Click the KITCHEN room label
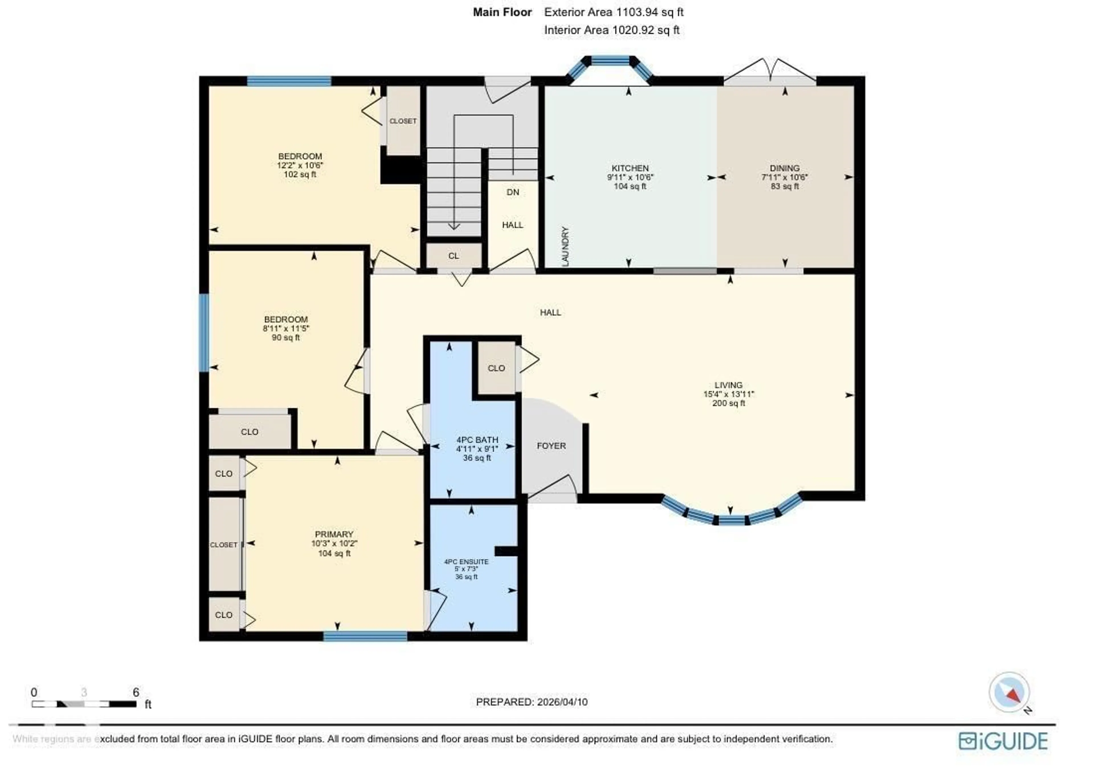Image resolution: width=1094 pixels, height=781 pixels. click(x=629, y=168)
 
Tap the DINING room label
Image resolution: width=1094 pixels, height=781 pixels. click(x=784, y=168)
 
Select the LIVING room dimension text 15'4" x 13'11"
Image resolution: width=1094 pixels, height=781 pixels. click(x=728, y=394)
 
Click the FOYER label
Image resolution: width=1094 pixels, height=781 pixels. click(x=551, y=446)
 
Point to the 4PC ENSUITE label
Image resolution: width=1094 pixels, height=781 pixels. click(x=466, y=562)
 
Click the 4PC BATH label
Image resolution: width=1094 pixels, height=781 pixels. click(x=477, y=440)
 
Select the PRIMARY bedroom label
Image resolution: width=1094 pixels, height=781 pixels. click(x=334, y=534)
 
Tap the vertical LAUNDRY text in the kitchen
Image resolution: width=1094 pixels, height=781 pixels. click(x=565, y=246)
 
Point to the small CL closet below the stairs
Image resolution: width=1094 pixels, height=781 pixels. click(x=453, y=256)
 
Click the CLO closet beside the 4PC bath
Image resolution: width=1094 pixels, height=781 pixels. click(x=496, y=368)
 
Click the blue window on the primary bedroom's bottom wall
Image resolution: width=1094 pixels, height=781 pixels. click(x=365, y=636)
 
